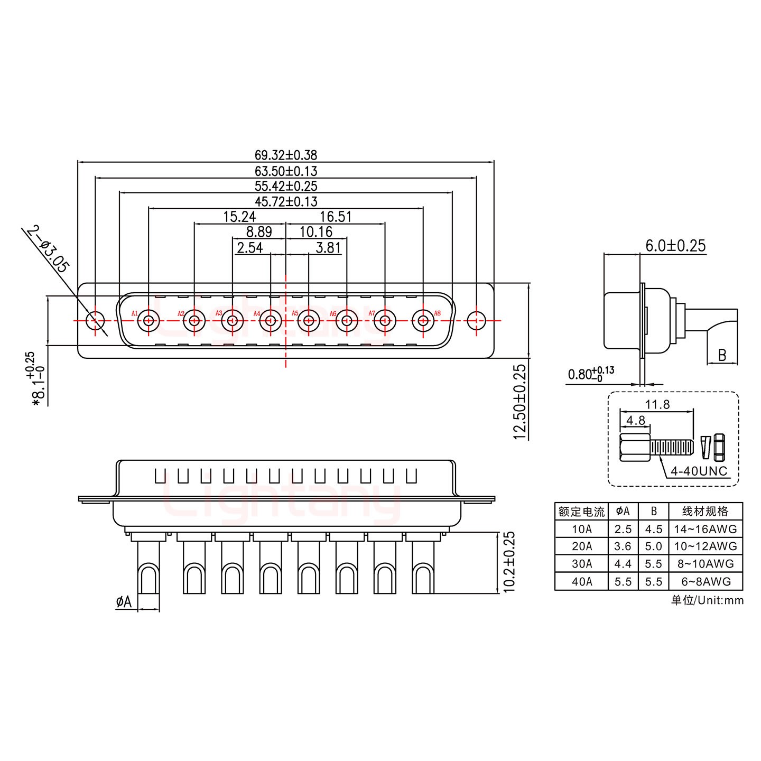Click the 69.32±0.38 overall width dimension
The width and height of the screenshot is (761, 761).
point(286,155)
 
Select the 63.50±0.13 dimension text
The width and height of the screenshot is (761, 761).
point(286,171)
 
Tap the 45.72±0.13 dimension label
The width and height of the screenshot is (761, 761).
point(286,201)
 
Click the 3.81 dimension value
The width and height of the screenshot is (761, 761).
point(328,247)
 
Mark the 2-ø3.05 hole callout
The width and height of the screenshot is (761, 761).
point(47,249)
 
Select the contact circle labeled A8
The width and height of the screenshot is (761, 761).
point(423,320)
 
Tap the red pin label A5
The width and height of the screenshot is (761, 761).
point(295,313)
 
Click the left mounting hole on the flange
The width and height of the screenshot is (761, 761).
point(95,320)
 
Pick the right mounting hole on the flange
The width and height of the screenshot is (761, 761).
point(477,320)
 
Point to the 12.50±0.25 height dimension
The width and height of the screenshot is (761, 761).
point(520,401)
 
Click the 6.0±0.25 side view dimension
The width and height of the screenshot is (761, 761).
point(675,246)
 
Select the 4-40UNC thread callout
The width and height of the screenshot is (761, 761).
point(699,471)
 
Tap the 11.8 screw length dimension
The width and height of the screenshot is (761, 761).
point(657,405)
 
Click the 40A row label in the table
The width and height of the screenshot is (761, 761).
point(581,581)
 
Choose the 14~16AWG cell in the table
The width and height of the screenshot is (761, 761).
point(705,528)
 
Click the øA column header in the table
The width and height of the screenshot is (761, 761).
point(623,511)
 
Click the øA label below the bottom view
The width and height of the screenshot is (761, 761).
point(124,601)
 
